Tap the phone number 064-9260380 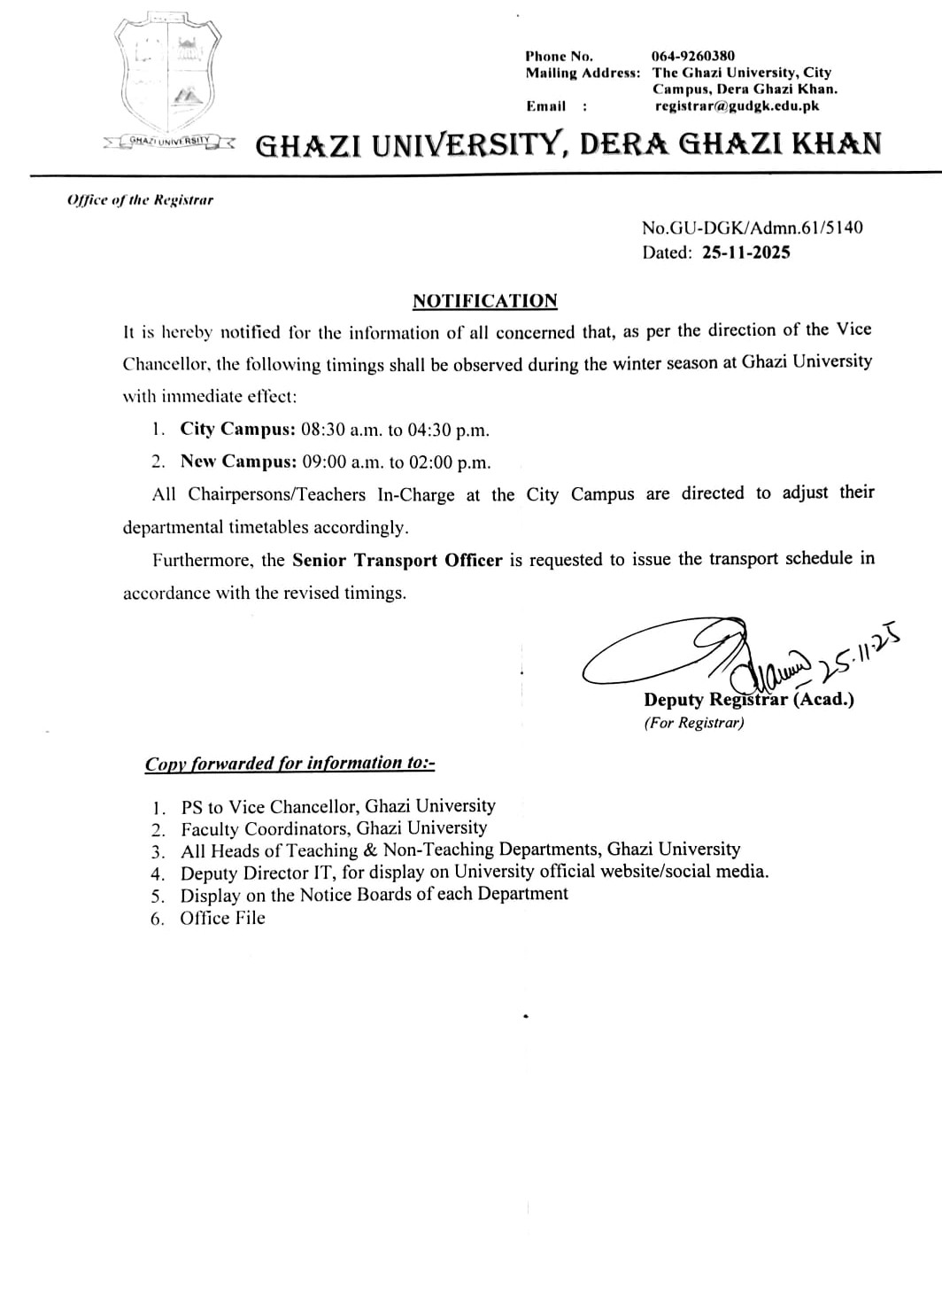pyautogui.click(x=692, y=56)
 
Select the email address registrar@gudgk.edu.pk pyautogui.click(x=737, y=105)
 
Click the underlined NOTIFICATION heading pyautogui.click(x=485, y=301)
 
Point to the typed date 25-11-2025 pyautogui.click(x=746, y=252)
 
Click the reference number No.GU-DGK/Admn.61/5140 pyautogui.click(x=752, y=228)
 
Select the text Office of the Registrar pyautogui.click(x=140, y=200)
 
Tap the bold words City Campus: pyautogui.click(x=237, y=430)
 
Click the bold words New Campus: pyautogui.click(x=237, y=462)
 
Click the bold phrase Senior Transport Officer pyautogui.click(x=397, y=560)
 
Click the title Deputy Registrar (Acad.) pyautogui.click(x=749, y=700)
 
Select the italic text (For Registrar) pyautogui.click(x=694, y=723)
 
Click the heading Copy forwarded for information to pyautogui.click(x=290, y=764)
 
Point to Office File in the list pyautogui.click(x=222, y=919)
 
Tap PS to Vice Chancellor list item pyautogui.click(x=337, y=807)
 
